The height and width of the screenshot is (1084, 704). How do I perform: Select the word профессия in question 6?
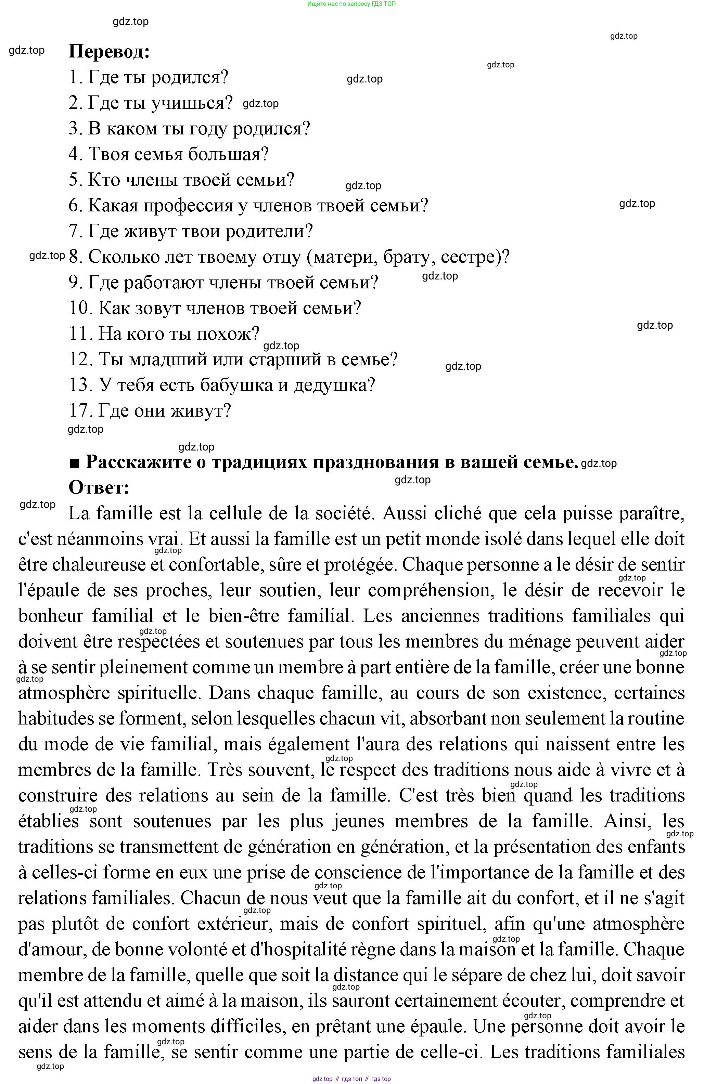tap(188, 206)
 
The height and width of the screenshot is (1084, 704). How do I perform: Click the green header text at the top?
tap(351, 4)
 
